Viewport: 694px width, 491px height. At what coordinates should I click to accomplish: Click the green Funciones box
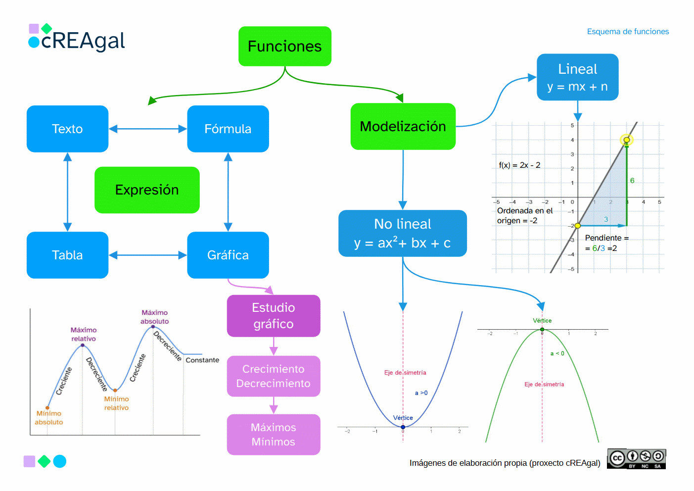click(x=284, y=46)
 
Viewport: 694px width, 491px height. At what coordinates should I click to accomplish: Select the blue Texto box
click(x=67, y=129)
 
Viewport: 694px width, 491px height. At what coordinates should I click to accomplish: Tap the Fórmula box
click(x=228, y=129)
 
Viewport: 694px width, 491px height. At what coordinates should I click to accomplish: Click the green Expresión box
click(x=147, y=190)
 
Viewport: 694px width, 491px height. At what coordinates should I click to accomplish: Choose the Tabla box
click(x=67, y=255)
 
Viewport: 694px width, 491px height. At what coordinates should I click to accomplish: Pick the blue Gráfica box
click(x=228, y=255)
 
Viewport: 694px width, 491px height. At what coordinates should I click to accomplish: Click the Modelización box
click(x=403, y=126)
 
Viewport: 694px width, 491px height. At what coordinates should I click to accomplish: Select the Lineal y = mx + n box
click(x=577, y=77)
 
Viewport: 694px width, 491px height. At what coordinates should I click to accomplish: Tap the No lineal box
click(x=402, y=233)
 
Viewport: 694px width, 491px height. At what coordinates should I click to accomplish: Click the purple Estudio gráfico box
click(x=273, y=316)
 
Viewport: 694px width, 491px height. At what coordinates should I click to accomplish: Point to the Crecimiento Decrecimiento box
click(x=273, y=376)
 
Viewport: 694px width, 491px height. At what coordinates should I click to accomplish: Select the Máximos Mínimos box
click(x=273, y=435)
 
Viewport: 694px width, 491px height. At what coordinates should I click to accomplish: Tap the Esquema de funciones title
click(x=627, y=32)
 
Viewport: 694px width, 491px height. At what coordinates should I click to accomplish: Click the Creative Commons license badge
click(x=636, y=459)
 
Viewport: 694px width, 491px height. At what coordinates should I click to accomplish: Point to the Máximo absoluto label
click(x=154, y=317)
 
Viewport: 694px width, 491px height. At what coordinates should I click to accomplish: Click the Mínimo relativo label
click(x=116, y=403)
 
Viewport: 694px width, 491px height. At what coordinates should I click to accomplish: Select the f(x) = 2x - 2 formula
click(x=519, y=165)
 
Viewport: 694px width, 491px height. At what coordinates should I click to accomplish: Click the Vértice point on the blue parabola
click(x=403, y=427)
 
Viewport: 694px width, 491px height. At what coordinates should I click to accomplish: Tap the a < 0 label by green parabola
click(x=557, y=353)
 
